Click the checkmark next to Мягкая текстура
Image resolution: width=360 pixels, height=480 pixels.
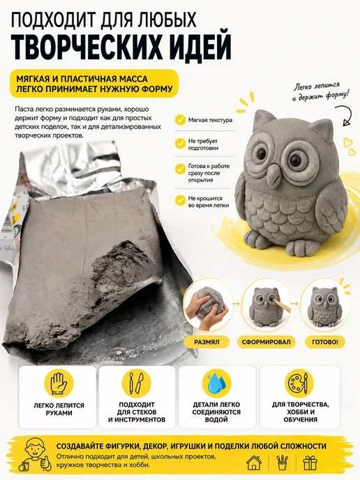coord(180,120)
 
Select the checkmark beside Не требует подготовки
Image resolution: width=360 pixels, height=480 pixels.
coord(180,144)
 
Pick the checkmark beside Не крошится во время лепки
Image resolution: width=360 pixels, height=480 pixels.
coord(180,201)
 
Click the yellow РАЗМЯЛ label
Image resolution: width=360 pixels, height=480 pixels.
coord(207,342)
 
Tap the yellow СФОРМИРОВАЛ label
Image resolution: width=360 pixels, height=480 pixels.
coord(266,342)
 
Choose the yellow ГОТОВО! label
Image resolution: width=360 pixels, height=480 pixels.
coord(325,342)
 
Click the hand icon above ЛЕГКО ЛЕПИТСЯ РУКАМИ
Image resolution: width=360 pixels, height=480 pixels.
coord(58,383)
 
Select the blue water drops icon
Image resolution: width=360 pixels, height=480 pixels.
coord(216,383)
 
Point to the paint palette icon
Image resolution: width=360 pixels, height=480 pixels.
coord(299,383)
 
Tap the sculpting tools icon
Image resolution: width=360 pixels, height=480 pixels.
coord(137,383)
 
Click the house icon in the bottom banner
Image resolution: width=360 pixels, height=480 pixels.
coord(254,463)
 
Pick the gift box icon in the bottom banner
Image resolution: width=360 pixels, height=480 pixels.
coord(310,463)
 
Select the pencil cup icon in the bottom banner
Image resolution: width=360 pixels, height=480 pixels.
coord(282,463)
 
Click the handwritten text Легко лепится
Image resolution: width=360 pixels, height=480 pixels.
coord(317,86)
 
